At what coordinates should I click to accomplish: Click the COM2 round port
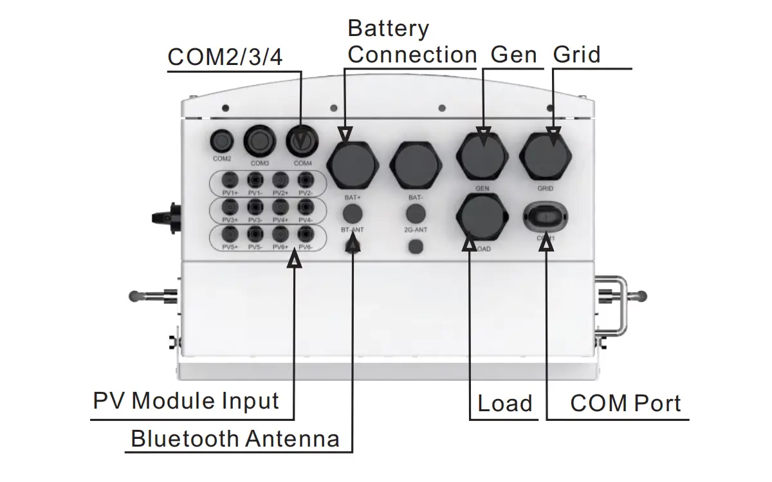point(222,140)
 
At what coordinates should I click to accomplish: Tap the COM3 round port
point(260,140)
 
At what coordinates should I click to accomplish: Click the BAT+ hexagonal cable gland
point(352,162)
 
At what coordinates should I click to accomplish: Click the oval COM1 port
point(546,216)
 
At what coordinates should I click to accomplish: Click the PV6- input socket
point(306,234)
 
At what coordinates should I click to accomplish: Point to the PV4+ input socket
point(280,207)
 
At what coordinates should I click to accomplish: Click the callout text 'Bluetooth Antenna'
point(235,439)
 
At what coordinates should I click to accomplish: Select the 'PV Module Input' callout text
point(186,401)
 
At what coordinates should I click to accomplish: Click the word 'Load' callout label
point(505,403)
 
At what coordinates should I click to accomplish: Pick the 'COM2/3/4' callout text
point(225,57)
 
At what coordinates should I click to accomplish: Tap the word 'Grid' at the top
point(576,55)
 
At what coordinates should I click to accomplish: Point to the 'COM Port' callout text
point(625,403)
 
